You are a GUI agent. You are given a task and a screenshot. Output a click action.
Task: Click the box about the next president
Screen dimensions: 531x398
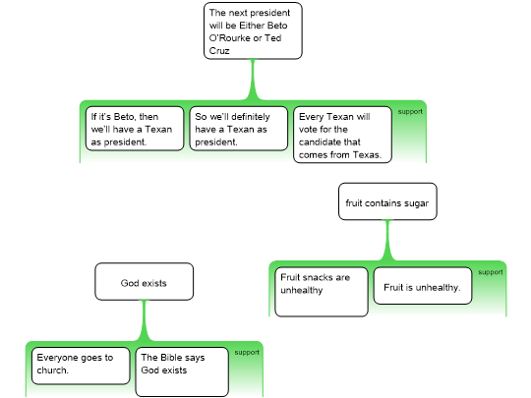[253, 30]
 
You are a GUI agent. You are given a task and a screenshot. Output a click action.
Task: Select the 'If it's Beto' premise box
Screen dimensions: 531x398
[135, 129]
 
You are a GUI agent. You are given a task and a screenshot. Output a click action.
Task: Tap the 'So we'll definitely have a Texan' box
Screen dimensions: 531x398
[238, 129]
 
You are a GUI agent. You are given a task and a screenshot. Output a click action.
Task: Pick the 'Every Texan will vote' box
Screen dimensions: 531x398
[342, 135]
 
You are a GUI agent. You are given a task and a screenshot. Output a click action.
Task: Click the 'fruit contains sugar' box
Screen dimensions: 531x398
[387, 201]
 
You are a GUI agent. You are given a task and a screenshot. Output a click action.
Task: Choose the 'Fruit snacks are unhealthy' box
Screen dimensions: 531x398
[322, 292]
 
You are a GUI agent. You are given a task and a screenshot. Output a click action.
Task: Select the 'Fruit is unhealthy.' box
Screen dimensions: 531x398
[423, 286]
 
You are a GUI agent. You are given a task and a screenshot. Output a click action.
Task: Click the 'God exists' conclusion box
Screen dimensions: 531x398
[144, 282]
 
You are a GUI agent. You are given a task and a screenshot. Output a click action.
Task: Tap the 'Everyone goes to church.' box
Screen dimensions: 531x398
[81, 366]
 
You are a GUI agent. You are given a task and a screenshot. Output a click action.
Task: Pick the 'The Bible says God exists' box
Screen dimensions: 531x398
[182, 371]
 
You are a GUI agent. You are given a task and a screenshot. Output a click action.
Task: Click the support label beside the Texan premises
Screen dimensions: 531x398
[410, 112]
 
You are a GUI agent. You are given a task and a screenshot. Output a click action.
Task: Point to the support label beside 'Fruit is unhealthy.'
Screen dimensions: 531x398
[491, 272]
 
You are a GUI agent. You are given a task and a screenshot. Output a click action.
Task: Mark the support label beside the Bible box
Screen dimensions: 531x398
[247, 353]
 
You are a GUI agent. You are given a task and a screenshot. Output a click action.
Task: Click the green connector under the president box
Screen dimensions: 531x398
[253, 80]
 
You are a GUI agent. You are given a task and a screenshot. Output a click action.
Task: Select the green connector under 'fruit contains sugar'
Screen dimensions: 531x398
[387, 241]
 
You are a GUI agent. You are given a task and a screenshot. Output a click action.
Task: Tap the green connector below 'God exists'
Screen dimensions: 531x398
[144, 320]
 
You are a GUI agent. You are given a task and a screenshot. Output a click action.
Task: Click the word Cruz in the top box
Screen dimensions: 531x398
[219, 51]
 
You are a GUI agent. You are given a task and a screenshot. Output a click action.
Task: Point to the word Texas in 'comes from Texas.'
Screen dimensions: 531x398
[367, 154]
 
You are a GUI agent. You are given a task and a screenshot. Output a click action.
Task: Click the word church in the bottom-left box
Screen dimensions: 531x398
[52, 370]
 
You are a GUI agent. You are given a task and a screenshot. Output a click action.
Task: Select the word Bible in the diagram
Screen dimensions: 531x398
[171, 358]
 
